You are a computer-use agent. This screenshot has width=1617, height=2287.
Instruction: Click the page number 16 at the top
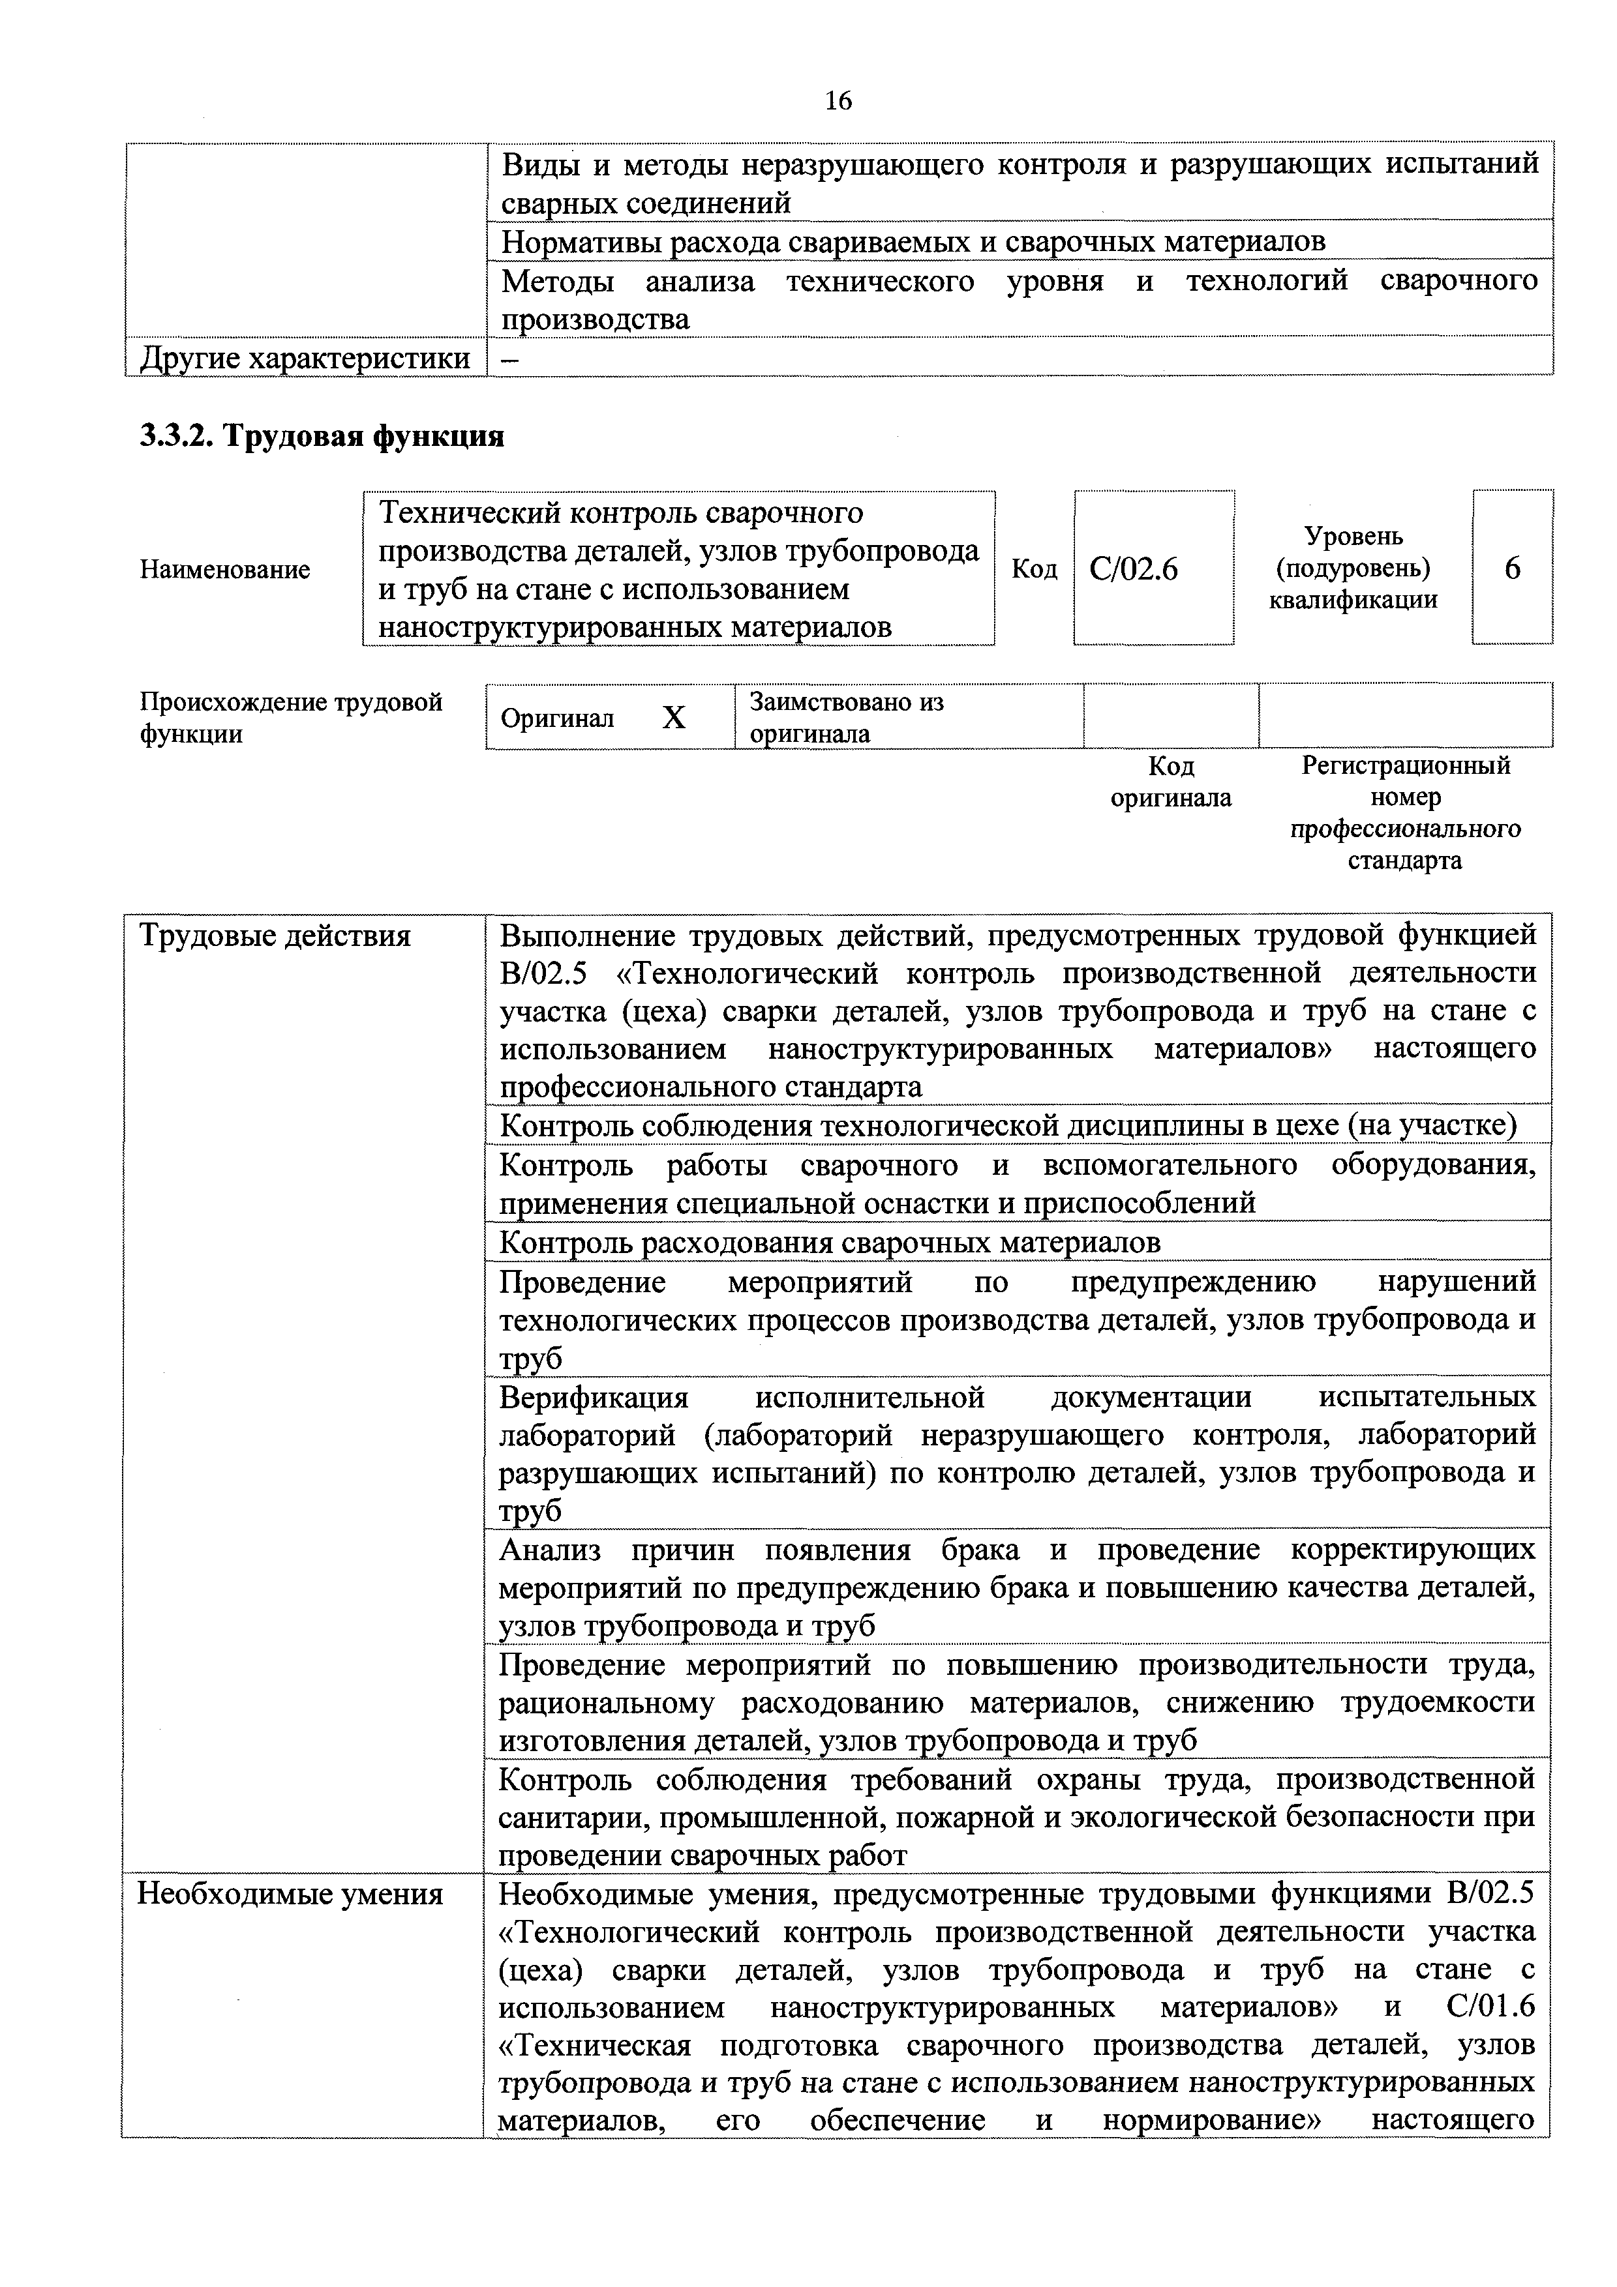point(838,100)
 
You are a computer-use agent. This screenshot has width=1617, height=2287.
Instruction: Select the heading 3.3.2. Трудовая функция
point(322,436)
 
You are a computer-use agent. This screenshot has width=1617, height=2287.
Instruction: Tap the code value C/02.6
point(1134,568)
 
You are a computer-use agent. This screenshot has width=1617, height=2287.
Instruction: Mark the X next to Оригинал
point(674,717)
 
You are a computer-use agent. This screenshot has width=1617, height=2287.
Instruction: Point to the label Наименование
point(225,570)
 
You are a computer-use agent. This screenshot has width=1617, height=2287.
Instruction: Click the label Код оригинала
point(1171,782)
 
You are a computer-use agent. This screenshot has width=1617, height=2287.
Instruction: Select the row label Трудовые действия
point(275,936)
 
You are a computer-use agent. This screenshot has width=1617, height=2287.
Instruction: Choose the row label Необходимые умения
point(290,1893)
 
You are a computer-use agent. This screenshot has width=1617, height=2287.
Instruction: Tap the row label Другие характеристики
point(305,358)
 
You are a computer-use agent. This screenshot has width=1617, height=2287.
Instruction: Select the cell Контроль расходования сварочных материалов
point(829,1242)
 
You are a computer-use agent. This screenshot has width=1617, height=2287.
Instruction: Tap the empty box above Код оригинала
point(1171,715)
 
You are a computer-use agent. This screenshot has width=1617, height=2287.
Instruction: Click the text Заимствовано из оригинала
point(846,717)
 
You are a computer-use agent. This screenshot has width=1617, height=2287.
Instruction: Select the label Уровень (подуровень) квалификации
point(1353,568)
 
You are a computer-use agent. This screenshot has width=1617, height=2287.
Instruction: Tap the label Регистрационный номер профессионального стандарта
point(1406,813)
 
